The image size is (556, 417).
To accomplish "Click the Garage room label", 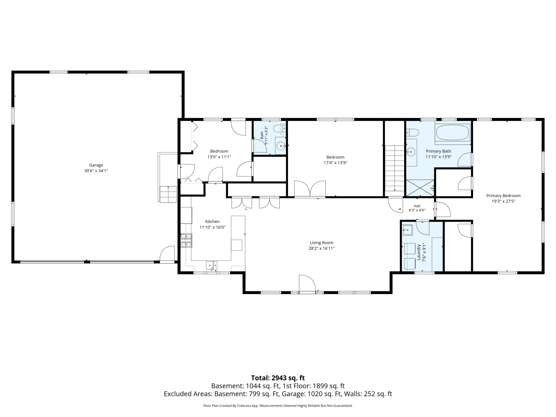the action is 96,165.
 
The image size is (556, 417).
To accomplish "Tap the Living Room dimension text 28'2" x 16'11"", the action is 322,248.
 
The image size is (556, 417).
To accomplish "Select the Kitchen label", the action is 212,221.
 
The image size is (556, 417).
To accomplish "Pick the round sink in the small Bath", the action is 281,146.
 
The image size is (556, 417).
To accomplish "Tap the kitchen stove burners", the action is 186,241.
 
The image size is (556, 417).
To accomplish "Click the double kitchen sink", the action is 212,265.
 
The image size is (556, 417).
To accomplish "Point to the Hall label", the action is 417,206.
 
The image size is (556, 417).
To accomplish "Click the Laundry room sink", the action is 407,230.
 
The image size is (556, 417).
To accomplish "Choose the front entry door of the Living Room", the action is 307,284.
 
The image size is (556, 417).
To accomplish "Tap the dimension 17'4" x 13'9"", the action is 335,163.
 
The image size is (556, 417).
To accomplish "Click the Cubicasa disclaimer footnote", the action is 278,406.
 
